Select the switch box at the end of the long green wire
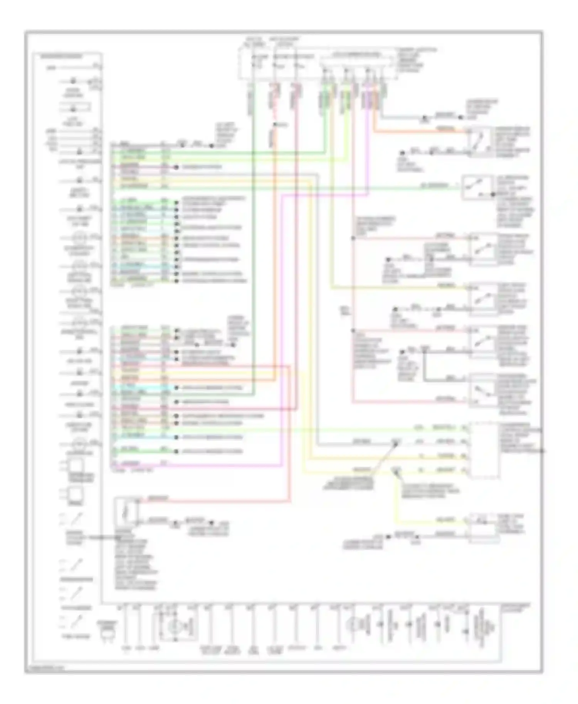(x=478, y=187)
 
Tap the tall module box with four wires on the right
(x=483, y=449)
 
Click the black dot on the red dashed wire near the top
(x=274, y=124)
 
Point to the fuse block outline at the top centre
(x=318, y=64)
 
